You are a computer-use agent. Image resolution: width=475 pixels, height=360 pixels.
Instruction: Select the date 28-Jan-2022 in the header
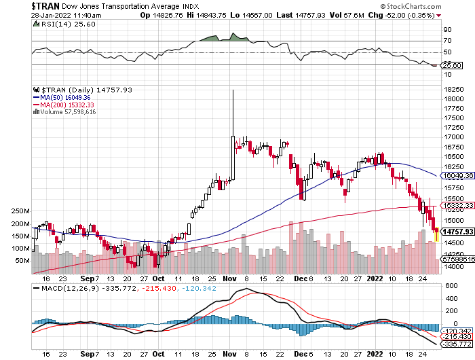[28, 15]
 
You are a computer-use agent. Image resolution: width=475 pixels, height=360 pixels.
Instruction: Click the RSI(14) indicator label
[55, 24]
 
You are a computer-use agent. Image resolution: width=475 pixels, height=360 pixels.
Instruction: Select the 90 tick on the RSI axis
[448, 30]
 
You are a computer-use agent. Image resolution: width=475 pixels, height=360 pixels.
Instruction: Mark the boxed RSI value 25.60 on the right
[453, 65]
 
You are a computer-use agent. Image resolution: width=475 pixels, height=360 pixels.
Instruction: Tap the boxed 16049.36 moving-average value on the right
[457, 175]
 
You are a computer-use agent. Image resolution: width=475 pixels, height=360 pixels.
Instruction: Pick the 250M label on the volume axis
[21, 211]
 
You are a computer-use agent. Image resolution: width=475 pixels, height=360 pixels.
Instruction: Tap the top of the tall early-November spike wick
[233, 90]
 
